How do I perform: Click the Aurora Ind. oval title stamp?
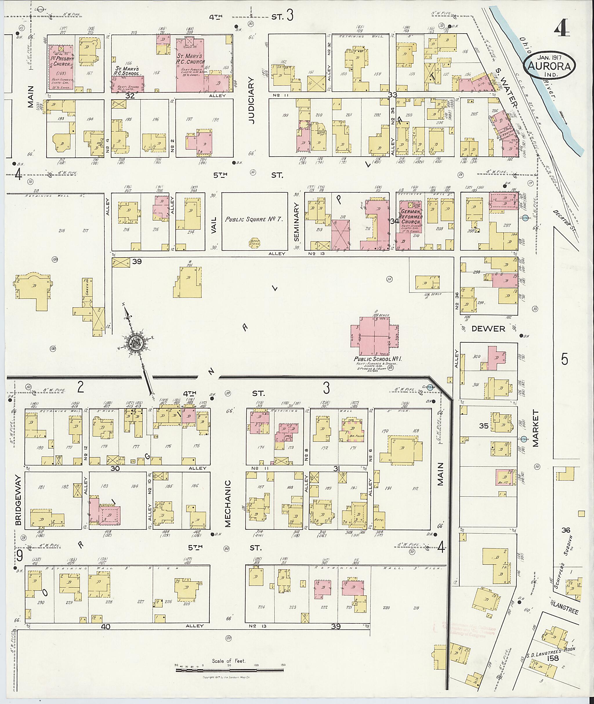coord(549,65)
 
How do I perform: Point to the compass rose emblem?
coord(136,343)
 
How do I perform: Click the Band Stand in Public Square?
coord(255,242)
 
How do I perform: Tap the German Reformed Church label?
coord(411,217)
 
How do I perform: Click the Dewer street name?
coord(488,328)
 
